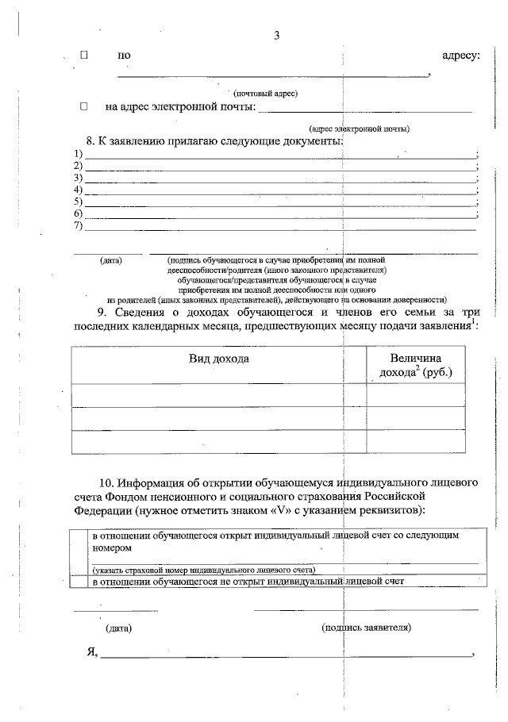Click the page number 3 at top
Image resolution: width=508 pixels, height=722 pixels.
(277, 35)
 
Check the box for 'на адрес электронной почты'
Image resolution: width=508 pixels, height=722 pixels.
(84, 106)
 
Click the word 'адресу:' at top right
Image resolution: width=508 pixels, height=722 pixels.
(460, 56)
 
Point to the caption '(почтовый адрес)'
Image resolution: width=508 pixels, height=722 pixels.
(265, 93)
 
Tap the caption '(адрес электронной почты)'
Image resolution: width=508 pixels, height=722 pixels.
(360, 129)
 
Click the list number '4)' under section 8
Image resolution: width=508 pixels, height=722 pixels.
(79, 190)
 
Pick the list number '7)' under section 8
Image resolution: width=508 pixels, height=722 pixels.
(79, 226)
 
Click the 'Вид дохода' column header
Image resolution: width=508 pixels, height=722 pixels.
(218, 359)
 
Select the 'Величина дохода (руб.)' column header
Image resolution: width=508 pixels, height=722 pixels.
(416, 366)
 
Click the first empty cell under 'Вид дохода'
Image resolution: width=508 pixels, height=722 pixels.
(218, 394)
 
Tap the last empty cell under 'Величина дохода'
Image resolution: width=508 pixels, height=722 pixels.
(416, 441)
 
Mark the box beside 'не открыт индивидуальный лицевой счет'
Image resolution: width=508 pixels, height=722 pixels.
(79, 582)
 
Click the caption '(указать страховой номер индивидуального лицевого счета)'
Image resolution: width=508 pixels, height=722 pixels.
(203, 570)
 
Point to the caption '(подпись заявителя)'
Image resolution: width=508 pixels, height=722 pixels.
(366, 627)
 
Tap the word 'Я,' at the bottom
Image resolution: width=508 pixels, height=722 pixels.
(92, 652)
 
